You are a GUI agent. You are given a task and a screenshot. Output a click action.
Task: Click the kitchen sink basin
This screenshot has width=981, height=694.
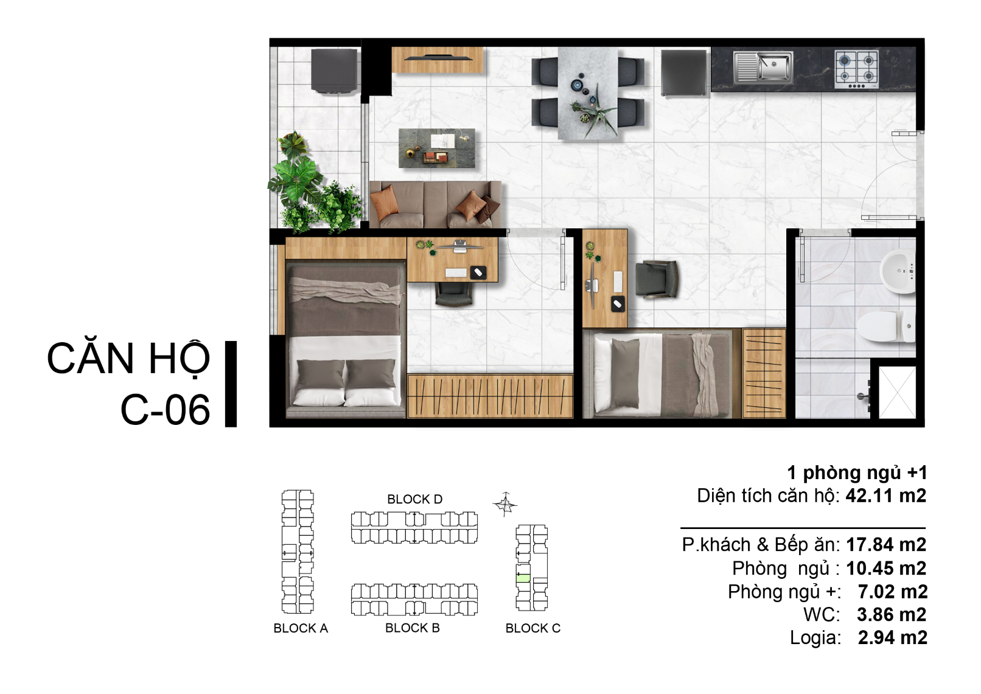[x=773, y=66]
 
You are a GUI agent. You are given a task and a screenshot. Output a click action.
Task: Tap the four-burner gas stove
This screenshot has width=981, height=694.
[x=856, y=70]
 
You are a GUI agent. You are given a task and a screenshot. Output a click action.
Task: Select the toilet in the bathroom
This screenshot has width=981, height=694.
[x=885, y=326]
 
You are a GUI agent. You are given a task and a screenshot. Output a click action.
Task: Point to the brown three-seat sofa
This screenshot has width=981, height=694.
[x=435, y=205]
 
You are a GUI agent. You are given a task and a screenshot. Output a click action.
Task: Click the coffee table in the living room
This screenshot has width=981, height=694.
[x=436, y=148]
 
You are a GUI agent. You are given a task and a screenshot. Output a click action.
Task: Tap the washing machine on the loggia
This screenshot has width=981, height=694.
[x=334, y=71]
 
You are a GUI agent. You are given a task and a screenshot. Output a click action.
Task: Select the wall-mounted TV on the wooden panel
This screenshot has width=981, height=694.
[x=438, y=57]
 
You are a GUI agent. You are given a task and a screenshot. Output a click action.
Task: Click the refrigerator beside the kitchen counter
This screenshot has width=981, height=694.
[x=683, y=72]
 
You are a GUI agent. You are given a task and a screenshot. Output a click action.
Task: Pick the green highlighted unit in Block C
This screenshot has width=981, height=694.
[x=523, y=578]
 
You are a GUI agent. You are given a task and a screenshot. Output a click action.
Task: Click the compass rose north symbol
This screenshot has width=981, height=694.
[x=505, y=504]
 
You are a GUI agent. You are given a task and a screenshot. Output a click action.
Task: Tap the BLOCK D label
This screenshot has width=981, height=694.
[x=415, y=499]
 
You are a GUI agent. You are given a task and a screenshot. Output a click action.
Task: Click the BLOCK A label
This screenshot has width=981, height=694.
[x=301, y=628]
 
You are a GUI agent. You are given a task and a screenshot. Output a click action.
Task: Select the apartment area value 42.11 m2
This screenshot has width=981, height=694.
[x=885, y=496]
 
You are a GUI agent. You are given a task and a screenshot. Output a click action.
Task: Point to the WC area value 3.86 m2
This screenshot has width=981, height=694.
[x=891, y=615]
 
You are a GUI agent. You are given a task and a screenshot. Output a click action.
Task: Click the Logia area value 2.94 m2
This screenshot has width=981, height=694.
[x=892, y=638]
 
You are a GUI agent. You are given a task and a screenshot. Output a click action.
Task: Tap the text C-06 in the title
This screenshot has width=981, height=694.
[x=165, y=410]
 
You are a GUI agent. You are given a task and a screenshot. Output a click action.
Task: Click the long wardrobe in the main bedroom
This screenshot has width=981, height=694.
[x=490, y=396]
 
